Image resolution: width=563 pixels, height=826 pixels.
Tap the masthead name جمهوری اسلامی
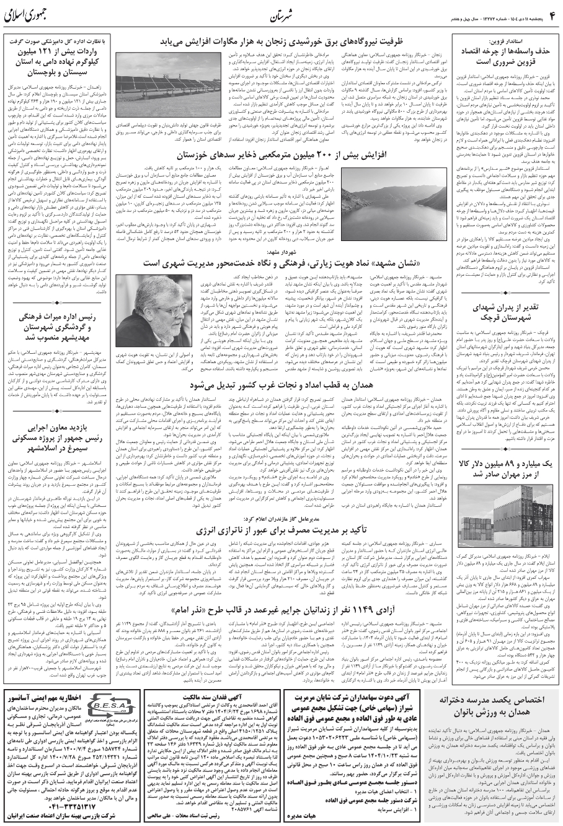pos(34,14)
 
